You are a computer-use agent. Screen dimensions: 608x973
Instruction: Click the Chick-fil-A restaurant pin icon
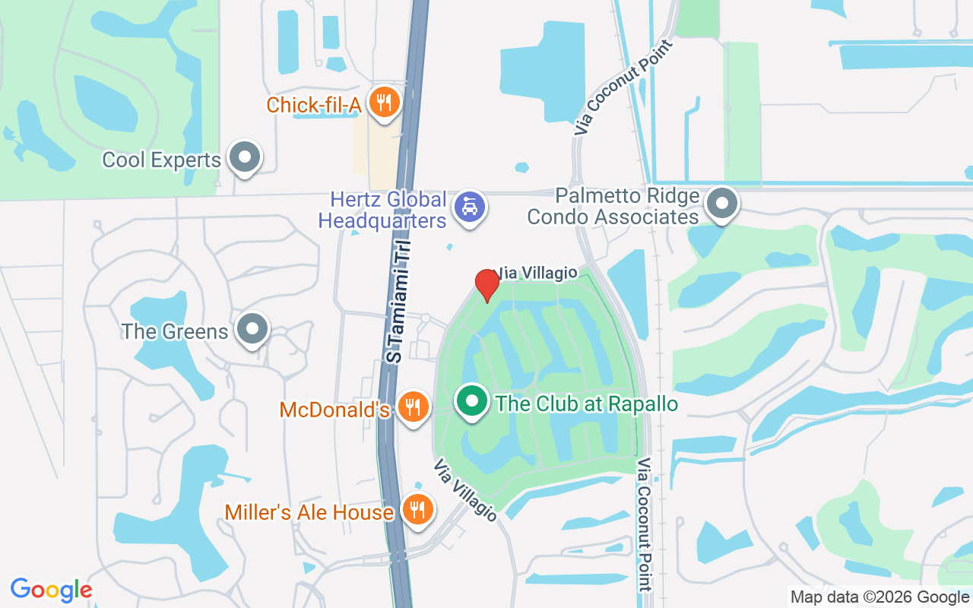click(x=385, y=102)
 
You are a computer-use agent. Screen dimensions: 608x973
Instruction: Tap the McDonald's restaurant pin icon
click(x=413, y=407)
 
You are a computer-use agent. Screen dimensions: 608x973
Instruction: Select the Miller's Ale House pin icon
click(x=417, y=508)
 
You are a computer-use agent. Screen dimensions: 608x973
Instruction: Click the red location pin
click(x=486, y=285)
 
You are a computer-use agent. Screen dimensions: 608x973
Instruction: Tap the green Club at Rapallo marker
click(x=472, y=400)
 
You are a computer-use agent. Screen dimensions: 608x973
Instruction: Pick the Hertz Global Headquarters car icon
click(x=469, y=207)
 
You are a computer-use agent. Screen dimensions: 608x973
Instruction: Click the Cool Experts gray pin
click(x=245, y=157)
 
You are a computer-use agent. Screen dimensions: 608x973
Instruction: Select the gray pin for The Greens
click(x=252, y=329)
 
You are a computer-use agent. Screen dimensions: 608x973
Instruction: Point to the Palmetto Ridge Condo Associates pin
click(x=721, y=204)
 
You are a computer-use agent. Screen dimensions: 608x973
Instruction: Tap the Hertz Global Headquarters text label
click(x=382, y=211)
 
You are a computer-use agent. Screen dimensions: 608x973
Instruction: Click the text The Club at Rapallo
click(x=586, y=404)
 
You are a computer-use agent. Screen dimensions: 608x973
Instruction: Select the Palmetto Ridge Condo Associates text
click(x=613, y=207)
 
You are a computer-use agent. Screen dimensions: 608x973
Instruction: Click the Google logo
click(x=51, y=590)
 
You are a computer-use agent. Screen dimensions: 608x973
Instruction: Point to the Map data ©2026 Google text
click(x=879, y=597)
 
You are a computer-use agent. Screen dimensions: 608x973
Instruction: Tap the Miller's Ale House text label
click(x=309, y=513)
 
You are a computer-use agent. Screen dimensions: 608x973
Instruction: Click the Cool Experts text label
click(x=161, y=160)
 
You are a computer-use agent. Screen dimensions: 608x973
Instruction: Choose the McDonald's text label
click(x=334, y=410)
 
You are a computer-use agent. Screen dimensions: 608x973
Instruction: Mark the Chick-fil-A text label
click(x=313, y=105)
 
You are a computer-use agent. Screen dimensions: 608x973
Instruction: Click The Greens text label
click(x=175, y=332)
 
